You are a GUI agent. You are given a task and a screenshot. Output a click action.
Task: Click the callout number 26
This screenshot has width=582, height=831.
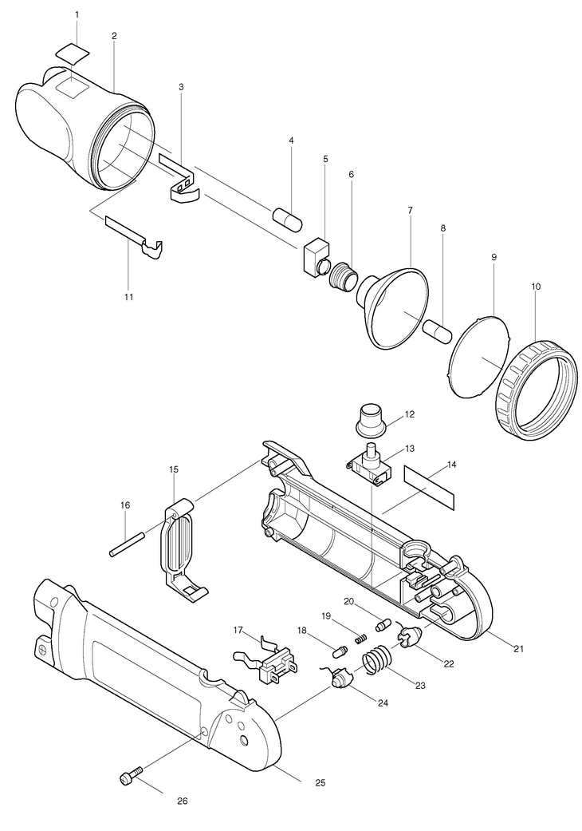click(x=182, y=801)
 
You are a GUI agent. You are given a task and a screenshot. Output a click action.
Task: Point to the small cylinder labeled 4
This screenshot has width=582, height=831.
click(x=288, y=220)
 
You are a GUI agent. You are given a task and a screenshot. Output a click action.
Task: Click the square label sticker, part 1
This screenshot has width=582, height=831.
click(x=73, y=54)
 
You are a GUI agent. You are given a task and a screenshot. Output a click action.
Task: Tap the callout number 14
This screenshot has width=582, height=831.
click(x=451, y=465)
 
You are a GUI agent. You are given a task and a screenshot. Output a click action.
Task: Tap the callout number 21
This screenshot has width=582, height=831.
click(x=519, y=648)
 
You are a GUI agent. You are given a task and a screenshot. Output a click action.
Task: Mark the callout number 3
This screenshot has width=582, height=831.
click(x=182, y=86)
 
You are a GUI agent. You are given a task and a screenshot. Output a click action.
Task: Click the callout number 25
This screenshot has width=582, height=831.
click(x=320, y=782)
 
